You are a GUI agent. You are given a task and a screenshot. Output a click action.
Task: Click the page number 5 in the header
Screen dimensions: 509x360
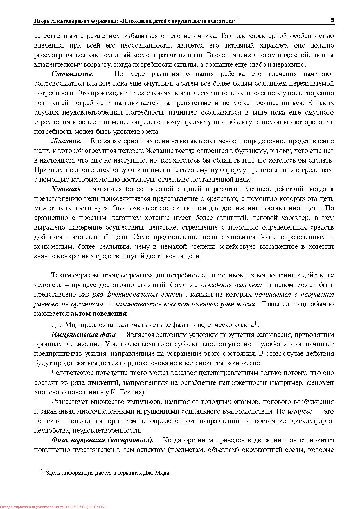[332, 20]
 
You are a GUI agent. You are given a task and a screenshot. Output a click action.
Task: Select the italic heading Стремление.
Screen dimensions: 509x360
[72, 74]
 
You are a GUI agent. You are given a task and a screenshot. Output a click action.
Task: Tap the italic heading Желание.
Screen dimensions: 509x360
[66, 141]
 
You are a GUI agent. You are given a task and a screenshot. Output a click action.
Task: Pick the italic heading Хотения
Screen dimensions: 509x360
[66, 189]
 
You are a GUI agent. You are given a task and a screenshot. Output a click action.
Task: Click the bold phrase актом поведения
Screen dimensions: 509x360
[98, 314]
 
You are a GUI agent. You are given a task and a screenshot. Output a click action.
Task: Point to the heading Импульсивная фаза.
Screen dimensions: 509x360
[84, 335]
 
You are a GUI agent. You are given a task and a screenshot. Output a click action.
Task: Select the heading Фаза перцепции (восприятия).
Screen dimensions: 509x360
[102, 440]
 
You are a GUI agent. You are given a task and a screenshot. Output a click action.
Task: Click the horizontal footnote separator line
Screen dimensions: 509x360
[95, 464]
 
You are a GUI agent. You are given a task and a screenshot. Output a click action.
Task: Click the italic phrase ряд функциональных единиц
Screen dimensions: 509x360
[137, 295]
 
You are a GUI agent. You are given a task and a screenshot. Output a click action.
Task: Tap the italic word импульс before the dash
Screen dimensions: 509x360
[300, 411]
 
